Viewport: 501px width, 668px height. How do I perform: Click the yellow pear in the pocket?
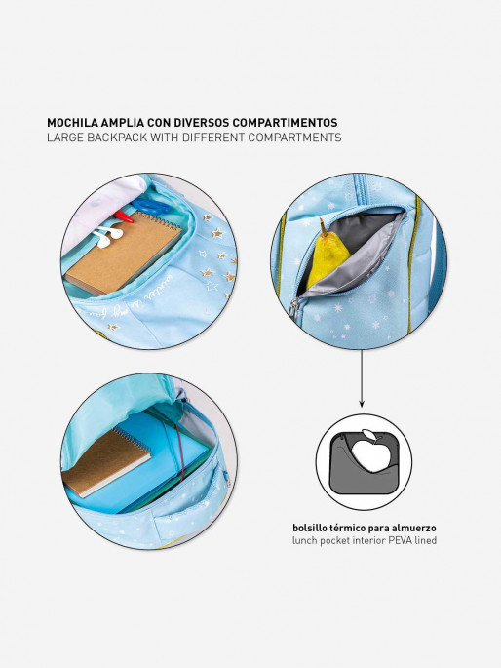(x=327, y=257)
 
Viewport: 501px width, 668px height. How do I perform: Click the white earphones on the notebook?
(x=107, y=236)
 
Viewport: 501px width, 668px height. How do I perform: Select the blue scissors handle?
(x=150, y=207)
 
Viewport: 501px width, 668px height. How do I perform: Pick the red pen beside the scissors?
(x=124, y=216)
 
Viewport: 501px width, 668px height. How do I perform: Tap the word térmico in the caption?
(x=347, y=528)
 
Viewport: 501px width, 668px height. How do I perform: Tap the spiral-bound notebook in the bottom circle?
(x=106, y=462)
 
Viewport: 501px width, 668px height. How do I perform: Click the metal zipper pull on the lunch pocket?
(x=292, y=308)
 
